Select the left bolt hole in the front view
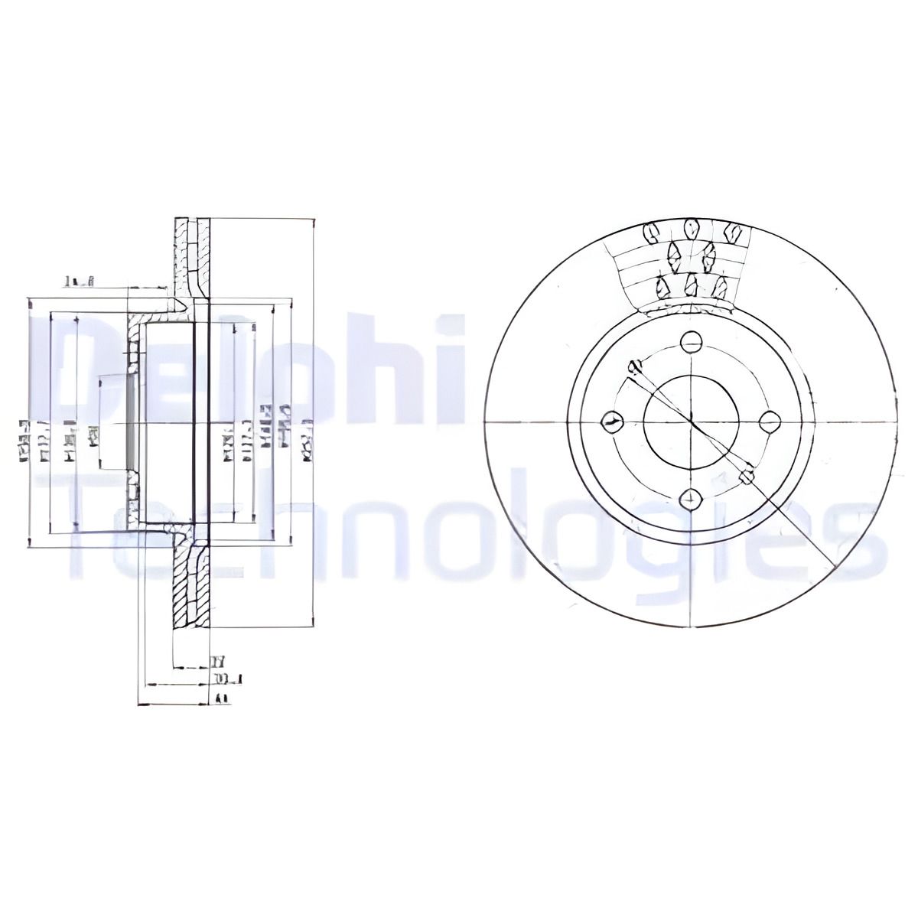pyautogui.click(x=611, y=422)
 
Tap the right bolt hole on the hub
pyautogui.click(x=770, y=421)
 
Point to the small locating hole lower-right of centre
pyautogui.click(x=747, y=477)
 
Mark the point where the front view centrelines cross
pyautogui.click(x=691, y=421)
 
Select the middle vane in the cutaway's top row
pyautogui.click(x=692, y=229)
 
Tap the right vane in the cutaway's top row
pyautogui.click(x=731, y=230)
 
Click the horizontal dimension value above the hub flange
pyautogui.click(x=78, y=282)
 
